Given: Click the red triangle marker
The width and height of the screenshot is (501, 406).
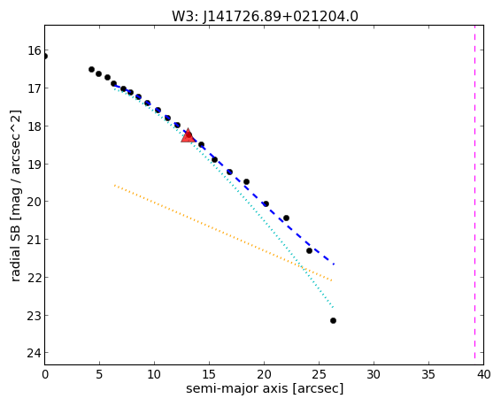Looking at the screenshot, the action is coord(188,136).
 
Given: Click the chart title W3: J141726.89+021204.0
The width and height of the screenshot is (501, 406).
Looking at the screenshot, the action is coord(265,16).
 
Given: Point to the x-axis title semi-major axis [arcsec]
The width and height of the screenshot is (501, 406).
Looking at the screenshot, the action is coord(265,389).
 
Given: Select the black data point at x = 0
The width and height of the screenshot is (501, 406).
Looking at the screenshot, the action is coord(45,57).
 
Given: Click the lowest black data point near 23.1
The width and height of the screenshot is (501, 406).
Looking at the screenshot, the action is coord(333,320).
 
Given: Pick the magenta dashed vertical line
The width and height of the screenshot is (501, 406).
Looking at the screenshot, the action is coord(474,195).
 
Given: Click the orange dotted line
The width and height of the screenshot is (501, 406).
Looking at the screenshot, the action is coord(223,233).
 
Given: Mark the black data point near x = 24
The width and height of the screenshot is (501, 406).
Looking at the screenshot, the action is coord(309,251).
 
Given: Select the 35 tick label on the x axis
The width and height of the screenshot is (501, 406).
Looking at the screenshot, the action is coord(428,374).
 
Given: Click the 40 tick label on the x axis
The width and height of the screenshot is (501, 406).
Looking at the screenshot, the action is coord(483,374).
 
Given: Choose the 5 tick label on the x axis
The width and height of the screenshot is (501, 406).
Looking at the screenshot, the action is coord(99,374).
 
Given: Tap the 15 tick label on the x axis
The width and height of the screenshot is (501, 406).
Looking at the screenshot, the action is coord(209,374).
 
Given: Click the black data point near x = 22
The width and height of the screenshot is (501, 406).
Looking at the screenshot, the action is coord(286,218).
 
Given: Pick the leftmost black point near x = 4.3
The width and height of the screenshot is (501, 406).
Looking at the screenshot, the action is coord(91,69).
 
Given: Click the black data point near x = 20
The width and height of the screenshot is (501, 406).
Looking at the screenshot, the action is coord(266,203).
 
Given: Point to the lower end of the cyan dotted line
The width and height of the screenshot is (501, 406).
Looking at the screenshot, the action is coord(333,308).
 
